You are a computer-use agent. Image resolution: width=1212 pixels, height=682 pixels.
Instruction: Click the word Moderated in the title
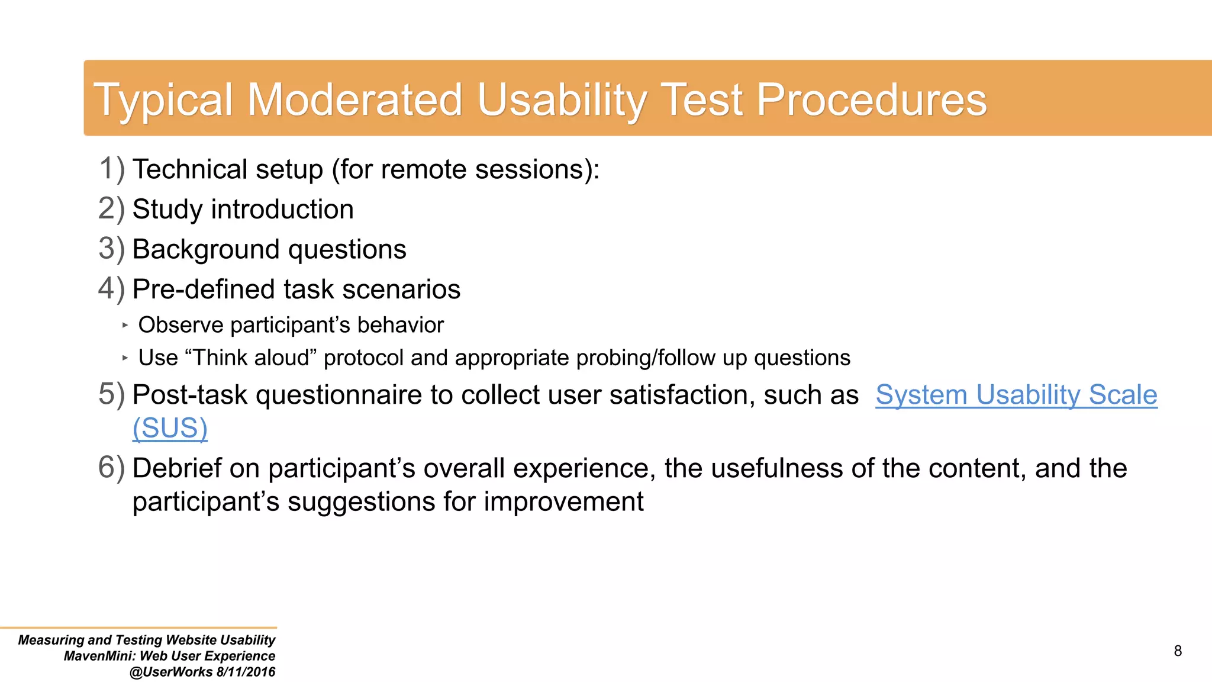click(354, 99)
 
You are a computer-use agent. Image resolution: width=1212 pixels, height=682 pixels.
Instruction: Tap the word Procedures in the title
click(871, 99)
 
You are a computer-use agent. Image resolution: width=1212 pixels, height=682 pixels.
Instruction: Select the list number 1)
click(111, 169)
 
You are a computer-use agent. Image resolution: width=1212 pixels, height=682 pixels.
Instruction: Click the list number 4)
click(111, 289)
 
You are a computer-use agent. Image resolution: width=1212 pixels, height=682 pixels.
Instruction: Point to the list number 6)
click(111, 468)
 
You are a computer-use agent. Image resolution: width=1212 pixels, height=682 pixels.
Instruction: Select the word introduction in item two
click(282, 210)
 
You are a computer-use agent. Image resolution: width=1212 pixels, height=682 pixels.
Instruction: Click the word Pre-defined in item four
click(204, 289)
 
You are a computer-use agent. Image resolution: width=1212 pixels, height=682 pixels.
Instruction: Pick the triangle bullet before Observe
click(125, 325)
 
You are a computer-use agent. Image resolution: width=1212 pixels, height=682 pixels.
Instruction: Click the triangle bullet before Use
click(125, 358)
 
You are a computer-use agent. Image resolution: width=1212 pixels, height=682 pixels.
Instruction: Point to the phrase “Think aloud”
click(251, 358)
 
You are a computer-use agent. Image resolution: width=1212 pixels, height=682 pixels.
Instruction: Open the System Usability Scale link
click(1016, 395)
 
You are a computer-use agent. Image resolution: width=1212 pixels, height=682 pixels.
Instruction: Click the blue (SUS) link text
click(170, 428)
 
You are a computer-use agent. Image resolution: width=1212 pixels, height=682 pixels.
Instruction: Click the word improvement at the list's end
click(563, 501)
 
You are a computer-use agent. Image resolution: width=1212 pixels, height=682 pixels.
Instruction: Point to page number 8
click(1177, 651)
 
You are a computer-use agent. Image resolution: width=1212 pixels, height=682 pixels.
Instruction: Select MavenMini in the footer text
click(99, 656)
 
